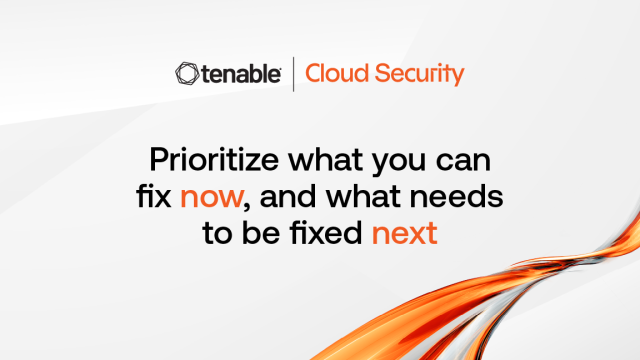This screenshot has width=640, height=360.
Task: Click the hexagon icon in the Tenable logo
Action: [x=187, y=74]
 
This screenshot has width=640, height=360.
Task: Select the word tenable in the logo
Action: [x=241, y=74]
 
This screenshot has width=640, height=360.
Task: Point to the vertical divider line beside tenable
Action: [x=293, y=74]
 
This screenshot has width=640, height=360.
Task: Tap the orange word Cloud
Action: [x=337, y=73]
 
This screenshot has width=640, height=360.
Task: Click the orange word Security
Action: [x=420, y=75]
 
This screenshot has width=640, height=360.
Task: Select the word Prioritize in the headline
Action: [x=214, y=160]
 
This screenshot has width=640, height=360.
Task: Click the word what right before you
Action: [x=326, y=160]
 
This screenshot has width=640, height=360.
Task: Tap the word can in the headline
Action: [x=463, y=162]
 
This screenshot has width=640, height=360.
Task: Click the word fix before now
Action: [x=153, y=196]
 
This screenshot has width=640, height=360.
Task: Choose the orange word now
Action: [x=212, y=198]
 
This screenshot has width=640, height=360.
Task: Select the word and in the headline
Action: [x=288, y=196]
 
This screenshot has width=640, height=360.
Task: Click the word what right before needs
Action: [x=363, y=196]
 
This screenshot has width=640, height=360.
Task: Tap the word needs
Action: [x=456, y=196]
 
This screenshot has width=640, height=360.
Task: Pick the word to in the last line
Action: [x=217, y=234]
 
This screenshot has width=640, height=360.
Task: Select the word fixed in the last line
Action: [x=326, y=233]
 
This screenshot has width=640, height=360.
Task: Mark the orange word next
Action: [x=404, y=234]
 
